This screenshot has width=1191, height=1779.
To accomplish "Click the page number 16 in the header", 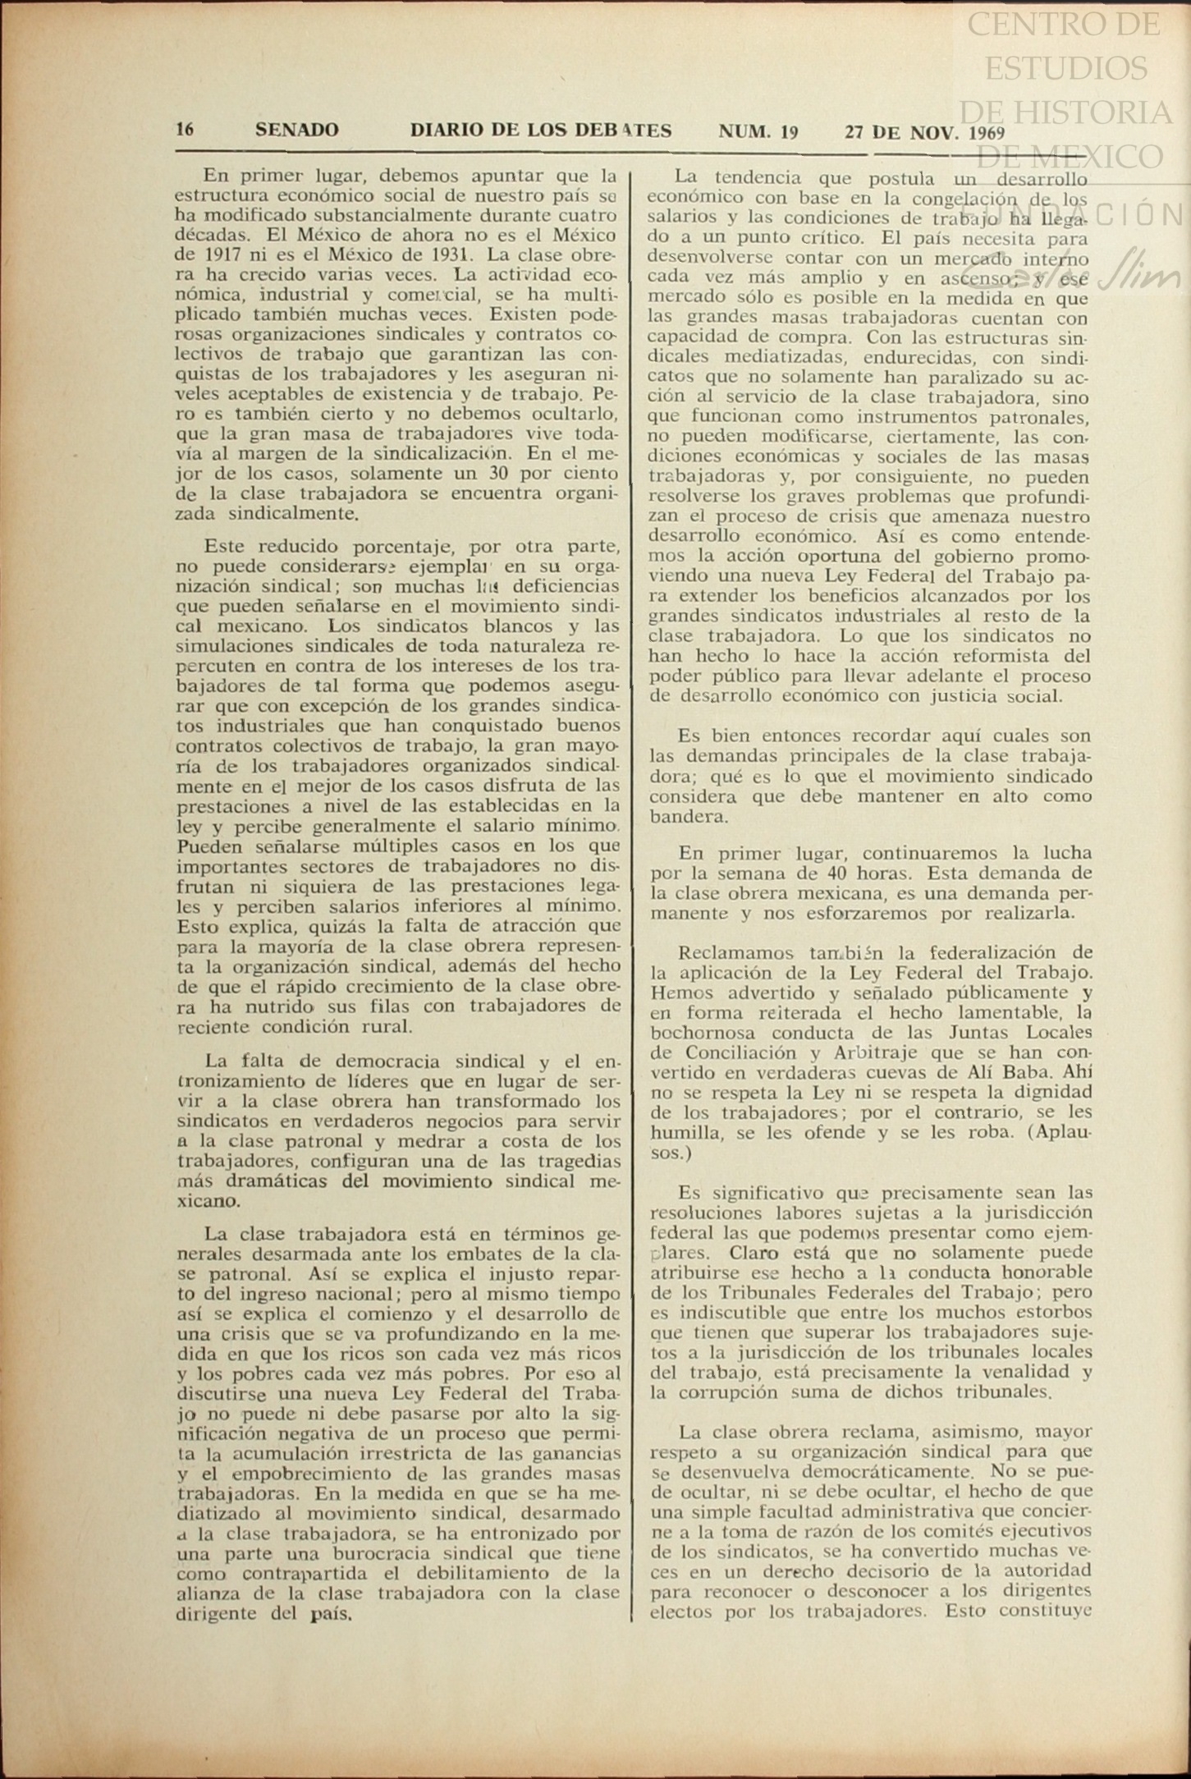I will click(x=185, y=130).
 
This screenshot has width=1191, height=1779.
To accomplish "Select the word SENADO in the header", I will click(x=296, y=130).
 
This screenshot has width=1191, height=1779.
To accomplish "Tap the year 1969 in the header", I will click(x=987, y=133).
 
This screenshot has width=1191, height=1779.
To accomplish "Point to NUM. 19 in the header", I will click(x=758, y=131).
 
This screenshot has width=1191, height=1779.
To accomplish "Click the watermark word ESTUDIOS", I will click(x=1066, y=67).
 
